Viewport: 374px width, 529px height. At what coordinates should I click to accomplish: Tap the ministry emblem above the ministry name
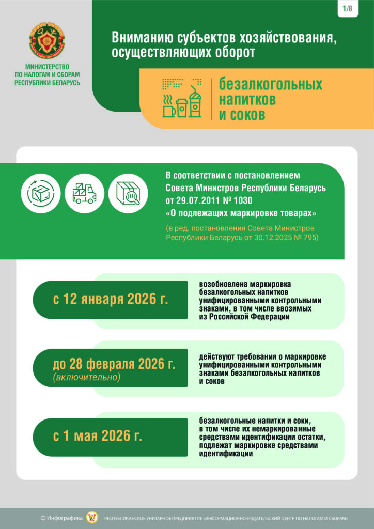point(47,41)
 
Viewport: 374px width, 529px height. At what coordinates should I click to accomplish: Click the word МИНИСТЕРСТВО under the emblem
point(47,67)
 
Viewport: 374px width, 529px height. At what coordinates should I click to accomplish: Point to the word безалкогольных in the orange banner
point(270,84)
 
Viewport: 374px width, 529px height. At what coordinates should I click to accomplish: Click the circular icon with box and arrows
point(40,192)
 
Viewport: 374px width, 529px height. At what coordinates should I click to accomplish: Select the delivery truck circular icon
point(85,192)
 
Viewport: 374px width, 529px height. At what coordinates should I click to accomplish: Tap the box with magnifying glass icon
point(129,192)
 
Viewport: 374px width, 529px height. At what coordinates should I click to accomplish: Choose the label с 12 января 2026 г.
point(111,300)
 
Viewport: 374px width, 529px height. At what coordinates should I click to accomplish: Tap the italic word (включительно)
point(86,378)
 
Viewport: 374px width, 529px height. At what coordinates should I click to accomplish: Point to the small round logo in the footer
point(92,518)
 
